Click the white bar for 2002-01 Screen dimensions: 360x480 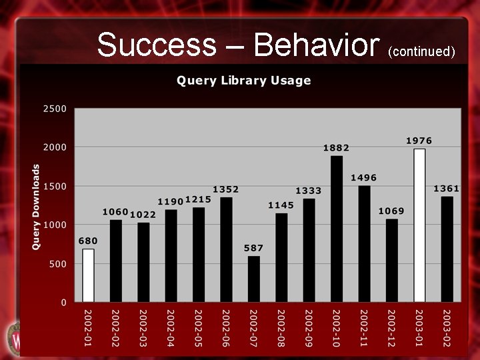pyautogui.click(x=88, y=275)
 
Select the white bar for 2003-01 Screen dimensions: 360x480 pyautogui.click(x=419, y=225)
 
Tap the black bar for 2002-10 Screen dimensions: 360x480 pyautogui.click(x=337, y=229)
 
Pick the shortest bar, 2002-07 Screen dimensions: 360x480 pyautogui.click(x=254, y=279)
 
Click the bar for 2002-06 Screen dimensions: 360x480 pyautogui.click(x=226, y=249)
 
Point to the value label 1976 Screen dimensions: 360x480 pyautogui.click(x=419, y=141)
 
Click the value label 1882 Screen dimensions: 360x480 pyautogui.click(x=337, y=147)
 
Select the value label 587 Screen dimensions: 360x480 pyautogui.click(x=253, y=248)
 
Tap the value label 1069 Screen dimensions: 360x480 pyautogui.click(x=391, y=211)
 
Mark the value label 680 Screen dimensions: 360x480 pyautogui.click(x=88, y=241)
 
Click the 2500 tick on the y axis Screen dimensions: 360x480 pyautogui.click(x=55, y=108)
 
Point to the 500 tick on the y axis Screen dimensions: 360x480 pyautogui.click(x=59, y=264)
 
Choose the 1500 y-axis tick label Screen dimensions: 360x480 pyautogui.click(x=55, y=186)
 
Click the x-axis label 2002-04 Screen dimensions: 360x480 pyautogui.click(x=171, y=327)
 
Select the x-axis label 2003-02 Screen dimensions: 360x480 pyautogui.click(x=447, y=327)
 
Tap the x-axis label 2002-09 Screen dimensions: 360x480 pyautogui.click(x=309, y=327)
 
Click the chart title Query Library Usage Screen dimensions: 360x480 pyautogui.click(x=244, y=81)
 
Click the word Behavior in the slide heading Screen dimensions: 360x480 pyautogui.click(x=316, y=45)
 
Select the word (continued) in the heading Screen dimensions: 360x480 pyautogui.click(x=421, y=51)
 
